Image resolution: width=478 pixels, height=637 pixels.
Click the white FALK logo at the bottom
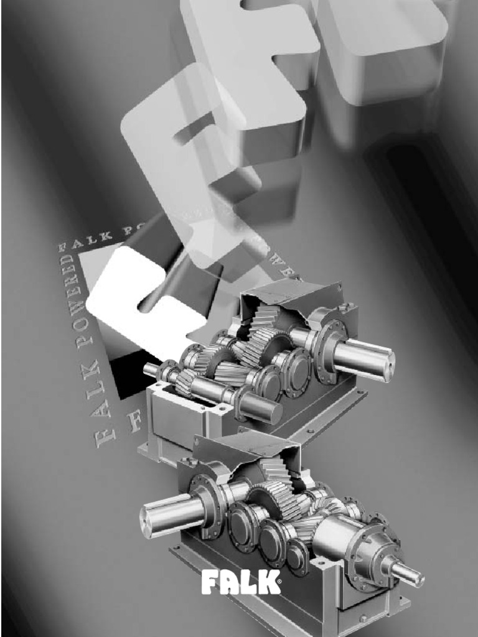tap(240, 583)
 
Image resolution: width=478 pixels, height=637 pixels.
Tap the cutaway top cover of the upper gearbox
tap(293, 299)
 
